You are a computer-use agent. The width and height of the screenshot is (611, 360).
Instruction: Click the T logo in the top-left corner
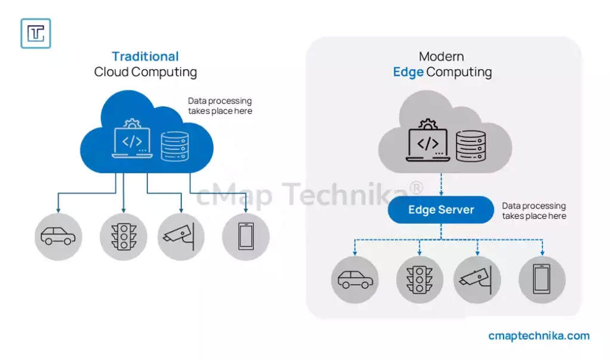[36, 33]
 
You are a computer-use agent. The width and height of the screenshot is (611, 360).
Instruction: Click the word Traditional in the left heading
[145, 57]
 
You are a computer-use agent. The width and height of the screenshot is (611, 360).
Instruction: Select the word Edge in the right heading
[408, 72]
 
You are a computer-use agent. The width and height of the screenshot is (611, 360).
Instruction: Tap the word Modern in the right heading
[442, 57]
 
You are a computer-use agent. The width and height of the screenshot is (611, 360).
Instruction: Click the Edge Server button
[441, 210]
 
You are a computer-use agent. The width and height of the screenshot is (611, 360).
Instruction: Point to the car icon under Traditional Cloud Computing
[58, 236]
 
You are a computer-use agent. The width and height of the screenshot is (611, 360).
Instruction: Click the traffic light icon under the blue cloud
[124, 236]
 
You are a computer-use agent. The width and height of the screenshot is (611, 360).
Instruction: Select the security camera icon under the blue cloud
[181, 236]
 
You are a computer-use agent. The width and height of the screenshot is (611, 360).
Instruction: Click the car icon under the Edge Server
[355, 279]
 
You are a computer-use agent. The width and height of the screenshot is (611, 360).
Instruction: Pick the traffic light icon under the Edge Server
[419, 279]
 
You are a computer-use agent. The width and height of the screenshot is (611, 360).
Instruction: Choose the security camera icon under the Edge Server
[477, 279]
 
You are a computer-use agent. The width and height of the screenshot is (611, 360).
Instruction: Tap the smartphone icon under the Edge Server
[542, 279]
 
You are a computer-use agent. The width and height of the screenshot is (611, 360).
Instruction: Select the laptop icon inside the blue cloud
[132, 141]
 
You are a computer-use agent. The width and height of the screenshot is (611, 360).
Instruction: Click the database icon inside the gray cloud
[471, 146]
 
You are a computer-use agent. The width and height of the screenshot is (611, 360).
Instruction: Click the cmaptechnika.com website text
[538, 336]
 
